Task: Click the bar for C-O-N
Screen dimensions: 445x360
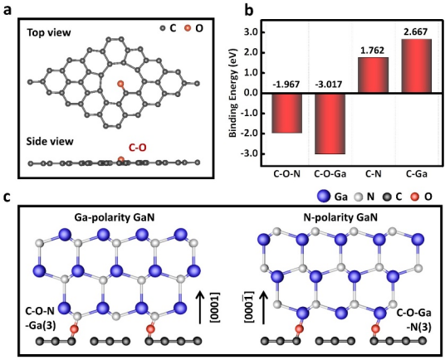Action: pos(287,113)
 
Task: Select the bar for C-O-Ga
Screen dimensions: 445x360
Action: pos(330,124)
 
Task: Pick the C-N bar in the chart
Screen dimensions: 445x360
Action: pos(374,75)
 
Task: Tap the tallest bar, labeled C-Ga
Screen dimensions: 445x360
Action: pos(416,66)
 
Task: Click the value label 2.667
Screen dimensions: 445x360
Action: pos(416,32)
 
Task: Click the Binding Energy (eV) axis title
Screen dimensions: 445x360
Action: pos(233,93)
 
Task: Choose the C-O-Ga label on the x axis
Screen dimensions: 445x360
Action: pos(330,173)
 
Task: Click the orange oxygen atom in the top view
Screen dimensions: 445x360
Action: pos(120,84)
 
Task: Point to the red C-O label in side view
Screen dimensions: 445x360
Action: pos(138,148)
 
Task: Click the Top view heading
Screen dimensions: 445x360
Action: pos(49,33)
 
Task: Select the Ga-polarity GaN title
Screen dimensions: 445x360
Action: pos(115,217)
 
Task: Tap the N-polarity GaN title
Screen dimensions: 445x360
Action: pos(340,217)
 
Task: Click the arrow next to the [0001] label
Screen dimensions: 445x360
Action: pos(200,308)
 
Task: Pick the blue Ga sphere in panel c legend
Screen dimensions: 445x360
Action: pos(323,197)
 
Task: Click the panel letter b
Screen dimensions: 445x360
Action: pos(249,11)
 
